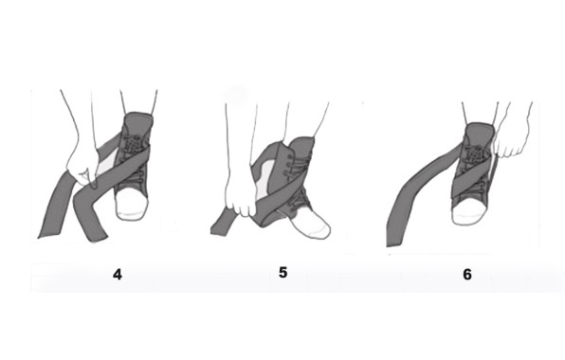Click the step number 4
coord(118,275)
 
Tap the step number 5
coord(282,273)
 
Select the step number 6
coord(467,275)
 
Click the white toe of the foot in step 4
coord(132,204)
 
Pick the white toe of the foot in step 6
coord(469,212)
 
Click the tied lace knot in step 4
coord(133,144)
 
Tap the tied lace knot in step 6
coord(475,154)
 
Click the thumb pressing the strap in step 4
coord(86,178)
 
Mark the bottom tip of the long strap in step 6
coord(392,244)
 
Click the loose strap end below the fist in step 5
coord(221,226)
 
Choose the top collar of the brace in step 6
coord(479,129)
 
